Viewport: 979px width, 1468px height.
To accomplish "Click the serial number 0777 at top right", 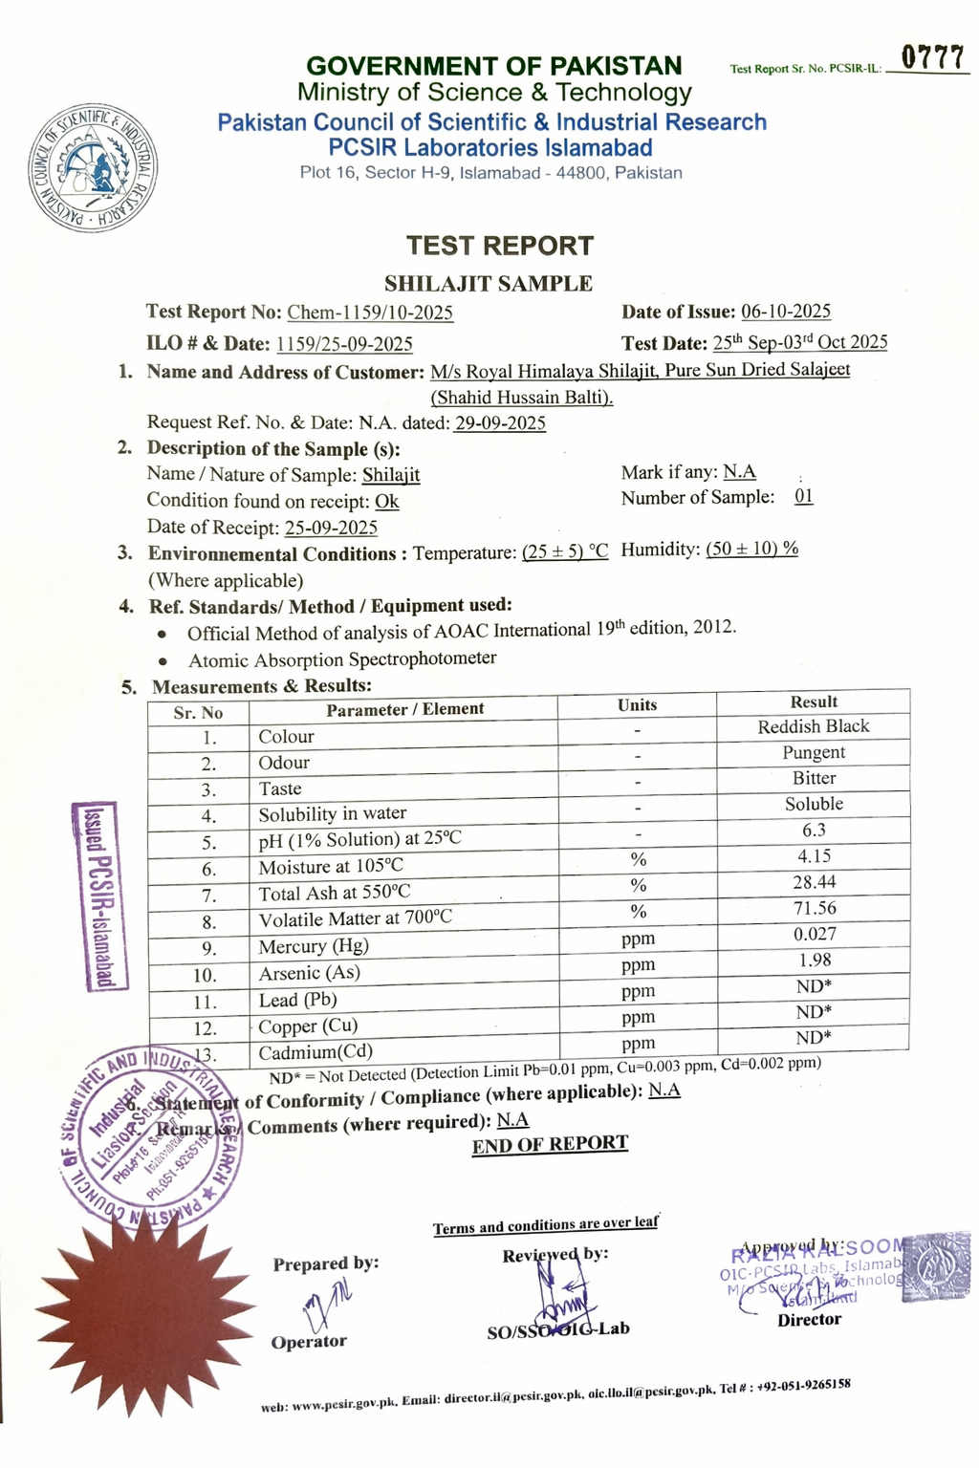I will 933,58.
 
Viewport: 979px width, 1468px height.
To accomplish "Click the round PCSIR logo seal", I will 93,168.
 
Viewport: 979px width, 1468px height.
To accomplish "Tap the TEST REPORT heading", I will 499,246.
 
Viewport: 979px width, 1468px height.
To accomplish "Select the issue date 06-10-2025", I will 786,312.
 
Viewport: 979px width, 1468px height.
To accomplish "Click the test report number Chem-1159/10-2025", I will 370,313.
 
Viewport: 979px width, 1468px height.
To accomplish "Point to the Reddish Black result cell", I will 814,726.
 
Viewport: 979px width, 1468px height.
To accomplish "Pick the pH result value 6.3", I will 814,831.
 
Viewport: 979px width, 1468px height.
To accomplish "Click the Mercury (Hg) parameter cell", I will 314,946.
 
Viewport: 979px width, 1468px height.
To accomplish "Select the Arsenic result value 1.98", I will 814,961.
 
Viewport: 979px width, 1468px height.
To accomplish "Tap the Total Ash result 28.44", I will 814,882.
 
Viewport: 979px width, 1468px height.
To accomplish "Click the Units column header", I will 637,705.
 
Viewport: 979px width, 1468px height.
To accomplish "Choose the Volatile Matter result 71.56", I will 814,908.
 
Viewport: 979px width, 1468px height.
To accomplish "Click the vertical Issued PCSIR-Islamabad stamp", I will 99,896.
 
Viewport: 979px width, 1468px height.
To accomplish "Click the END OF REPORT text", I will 550,1144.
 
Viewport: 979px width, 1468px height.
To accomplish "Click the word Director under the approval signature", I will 809,1320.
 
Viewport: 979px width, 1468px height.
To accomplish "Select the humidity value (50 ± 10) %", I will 751,549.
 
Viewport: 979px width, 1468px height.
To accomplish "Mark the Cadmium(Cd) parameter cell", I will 315,1053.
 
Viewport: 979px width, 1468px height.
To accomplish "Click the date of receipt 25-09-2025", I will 331,528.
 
